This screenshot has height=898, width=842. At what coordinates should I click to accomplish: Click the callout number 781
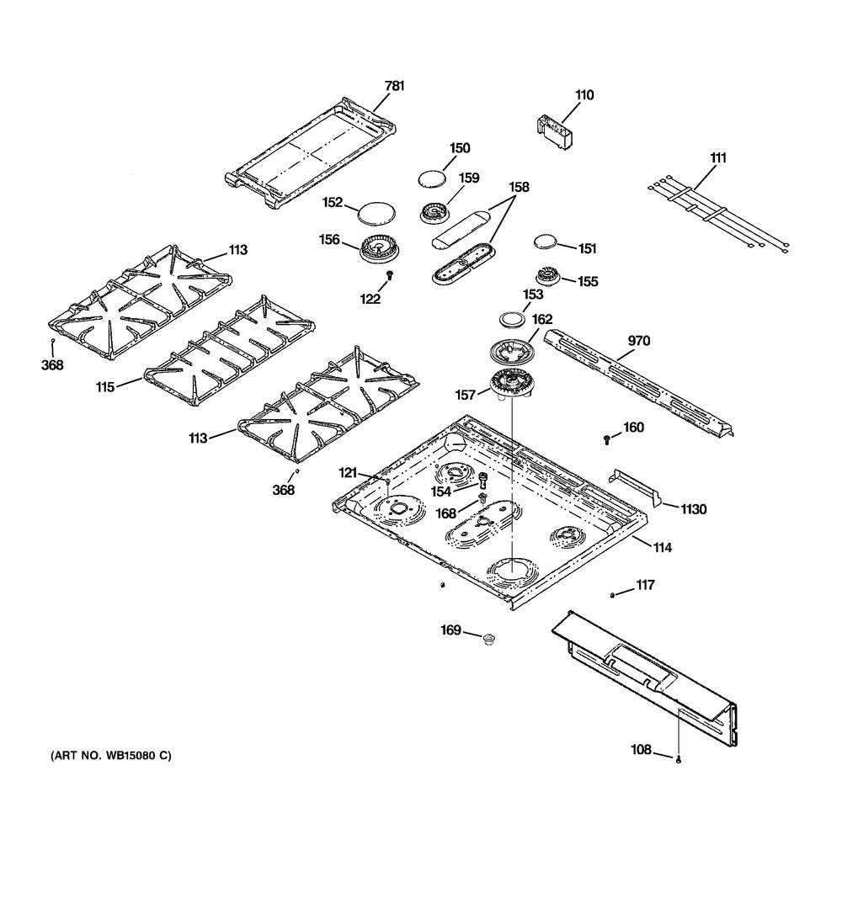coord(395,85)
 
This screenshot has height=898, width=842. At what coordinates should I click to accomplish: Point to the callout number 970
coord(638,341)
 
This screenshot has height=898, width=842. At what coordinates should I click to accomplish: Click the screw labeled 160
coord(607,438)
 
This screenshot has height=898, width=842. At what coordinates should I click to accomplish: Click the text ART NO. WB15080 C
coord(104,755)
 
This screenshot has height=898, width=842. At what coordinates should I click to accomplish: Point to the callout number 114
coord(661,548)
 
